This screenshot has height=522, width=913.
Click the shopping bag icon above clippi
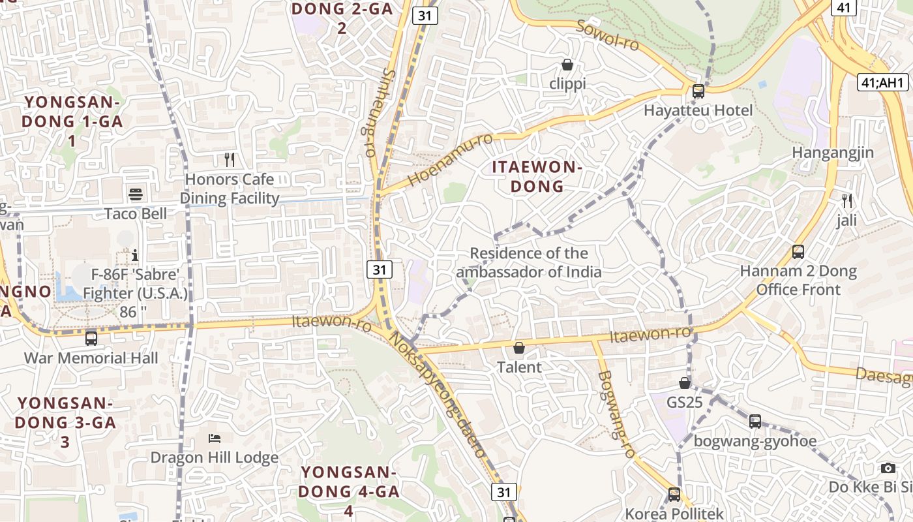pos(567,65)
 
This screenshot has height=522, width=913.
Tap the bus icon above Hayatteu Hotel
pos(698,91)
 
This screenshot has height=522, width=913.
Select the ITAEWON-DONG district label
pos(537,176)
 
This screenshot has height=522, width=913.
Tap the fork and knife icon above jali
pos(847,201)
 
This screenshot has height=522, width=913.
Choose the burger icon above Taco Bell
pos(136,194)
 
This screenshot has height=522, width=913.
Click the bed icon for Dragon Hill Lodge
pos(214,438)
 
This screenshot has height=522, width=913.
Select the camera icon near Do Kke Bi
pos(888,468)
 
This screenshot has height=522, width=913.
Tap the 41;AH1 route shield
pos(882,82)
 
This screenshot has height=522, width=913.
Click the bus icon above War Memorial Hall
pos(91,339)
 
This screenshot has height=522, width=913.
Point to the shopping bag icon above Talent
pos(519,348)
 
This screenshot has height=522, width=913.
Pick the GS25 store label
pos(685,402)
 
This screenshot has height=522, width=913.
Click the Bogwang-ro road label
pos(616,414)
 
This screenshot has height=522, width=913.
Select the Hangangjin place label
pos(833,153)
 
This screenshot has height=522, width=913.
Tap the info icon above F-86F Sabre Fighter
pos(135,254)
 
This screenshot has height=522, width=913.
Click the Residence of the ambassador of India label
pos(529,262)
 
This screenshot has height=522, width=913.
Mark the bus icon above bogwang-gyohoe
pos(755,422)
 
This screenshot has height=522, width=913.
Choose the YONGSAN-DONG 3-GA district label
pos(65,422)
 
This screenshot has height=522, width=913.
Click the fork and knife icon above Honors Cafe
pos(230,160)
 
